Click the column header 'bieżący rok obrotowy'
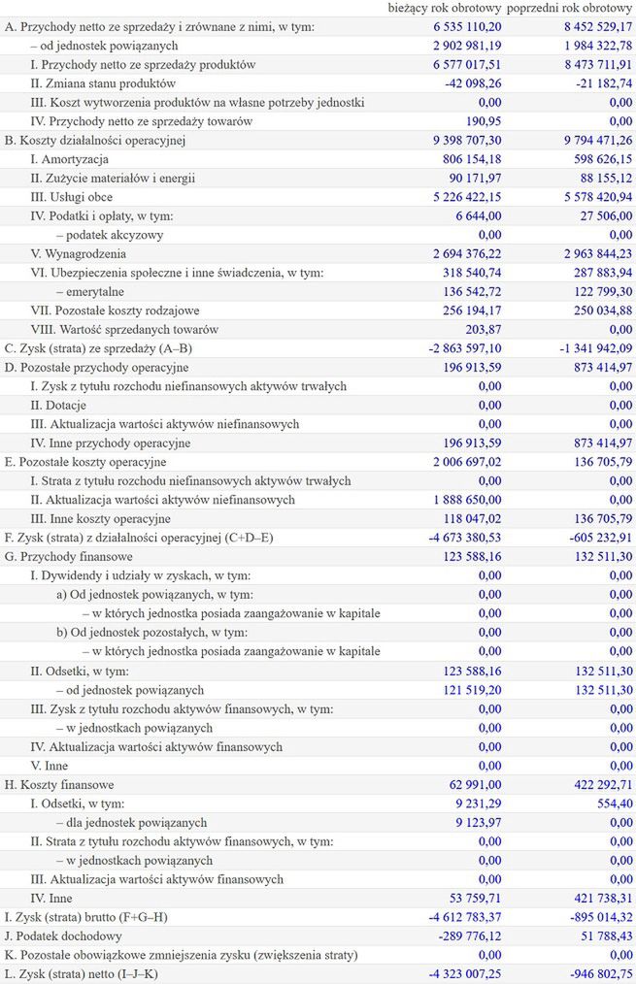(x=445, y=9)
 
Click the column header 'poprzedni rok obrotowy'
(x=570, y=9)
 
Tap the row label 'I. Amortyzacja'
(x=70, y=159)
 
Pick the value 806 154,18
(x=465, y=159)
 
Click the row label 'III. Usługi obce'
(x=72, y=197)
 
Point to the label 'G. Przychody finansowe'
(x=68, y=556)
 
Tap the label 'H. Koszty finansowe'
(x=59, y=784)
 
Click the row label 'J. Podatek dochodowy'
(x=63, y=935)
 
